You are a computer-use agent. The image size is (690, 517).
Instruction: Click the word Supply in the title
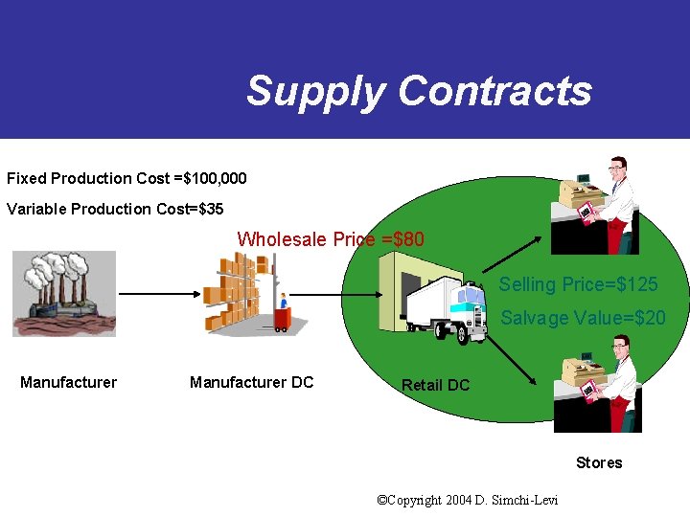pyautogui.click(x=315, y=92)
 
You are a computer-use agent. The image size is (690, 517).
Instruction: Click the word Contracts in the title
pyautogui.click(x=494, y=91)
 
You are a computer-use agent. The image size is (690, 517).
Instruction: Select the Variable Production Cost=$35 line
pyautogui.click(x=115, y=209)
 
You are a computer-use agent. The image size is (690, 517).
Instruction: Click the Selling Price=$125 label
pyautogui.click(x=578, y=284)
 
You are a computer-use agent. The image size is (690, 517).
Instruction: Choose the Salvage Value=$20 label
pyautogui.click(x=583, y=318)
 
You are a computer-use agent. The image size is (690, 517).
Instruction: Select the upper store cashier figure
pyautogui.click(x=599, y=205)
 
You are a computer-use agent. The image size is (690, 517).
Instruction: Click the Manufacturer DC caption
pyautogui.click(x=251, y=383)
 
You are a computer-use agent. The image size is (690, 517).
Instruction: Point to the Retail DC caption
pyautogui.click(x=435, y=385)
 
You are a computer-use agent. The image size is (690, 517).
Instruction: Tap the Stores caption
pyautogui.click(x=599, y=462)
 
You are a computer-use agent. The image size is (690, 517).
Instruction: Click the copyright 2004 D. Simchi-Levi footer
pyautogui.click(x=468, y=500)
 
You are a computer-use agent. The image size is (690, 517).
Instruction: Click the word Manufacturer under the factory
pyautogui.click(x=68, y=383)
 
